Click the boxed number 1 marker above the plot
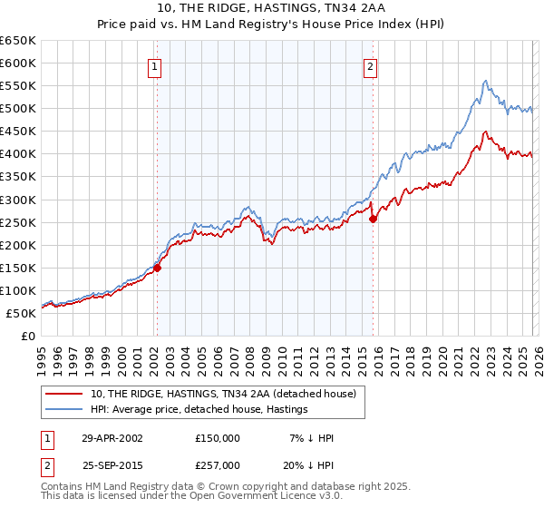(x=156, y=65)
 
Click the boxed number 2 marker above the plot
(x=372, y=65)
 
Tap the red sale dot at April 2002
(x=157, y=268)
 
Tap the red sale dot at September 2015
(x=373, y=219)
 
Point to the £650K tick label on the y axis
(x=18, y=41)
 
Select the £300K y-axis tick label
(x=18, y=200)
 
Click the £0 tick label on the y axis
(x=28, y=336)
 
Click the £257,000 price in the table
(x=218, y=464)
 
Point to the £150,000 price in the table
(x=218, y=438)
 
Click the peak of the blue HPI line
(x=486, y=81)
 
